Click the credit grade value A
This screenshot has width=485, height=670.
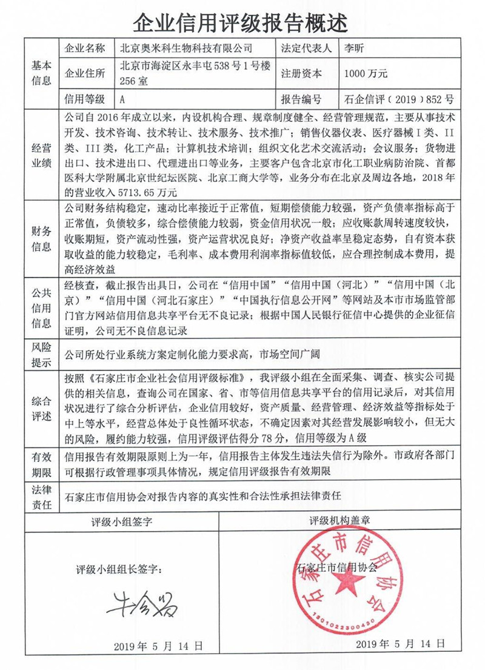point(123,99)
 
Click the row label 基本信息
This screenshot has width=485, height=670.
point(41,73)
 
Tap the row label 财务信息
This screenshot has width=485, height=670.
point(41,239)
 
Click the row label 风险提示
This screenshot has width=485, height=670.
point(41,355)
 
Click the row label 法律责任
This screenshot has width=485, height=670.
point(41,497)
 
